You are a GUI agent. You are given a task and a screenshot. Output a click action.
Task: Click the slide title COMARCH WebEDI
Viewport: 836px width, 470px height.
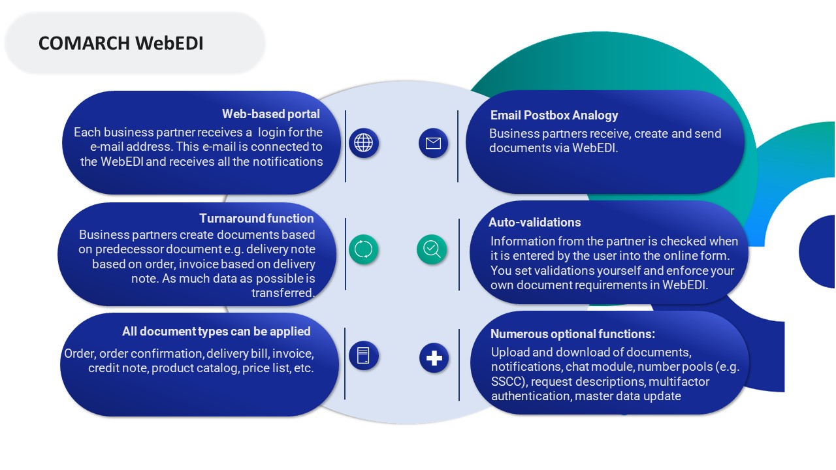click(121, 43)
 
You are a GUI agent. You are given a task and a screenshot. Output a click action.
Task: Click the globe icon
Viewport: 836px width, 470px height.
click(363, 142)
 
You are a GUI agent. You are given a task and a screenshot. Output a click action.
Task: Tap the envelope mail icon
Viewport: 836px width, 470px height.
click(433, 143)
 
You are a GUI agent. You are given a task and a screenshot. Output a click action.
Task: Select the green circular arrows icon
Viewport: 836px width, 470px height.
click(363, 249)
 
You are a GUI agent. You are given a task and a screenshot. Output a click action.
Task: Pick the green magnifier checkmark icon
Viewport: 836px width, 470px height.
click(432, 249)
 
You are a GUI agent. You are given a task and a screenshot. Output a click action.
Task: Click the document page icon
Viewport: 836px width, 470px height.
click(363, 356)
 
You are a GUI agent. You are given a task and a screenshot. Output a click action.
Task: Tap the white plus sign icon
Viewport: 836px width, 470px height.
click(434, 358)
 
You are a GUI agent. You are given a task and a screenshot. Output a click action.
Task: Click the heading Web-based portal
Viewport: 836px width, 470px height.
click(270, 114)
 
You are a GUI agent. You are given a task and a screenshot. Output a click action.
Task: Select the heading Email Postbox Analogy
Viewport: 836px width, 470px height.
click(554, 116)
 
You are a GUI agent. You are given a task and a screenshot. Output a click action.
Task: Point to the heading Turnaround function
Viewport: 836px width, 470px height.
click(256, 218)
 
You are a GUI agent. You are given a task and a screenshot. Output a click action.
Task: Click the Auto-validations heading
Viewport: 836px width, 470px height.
click(534, 223)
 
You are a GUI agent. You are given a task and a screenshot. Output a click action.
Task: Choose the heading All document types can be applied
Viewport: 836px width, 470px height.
click(216, 332)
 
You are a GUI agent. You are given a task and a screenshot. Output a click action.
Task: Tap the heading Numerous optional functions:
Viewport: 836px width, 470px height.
click(572, 334)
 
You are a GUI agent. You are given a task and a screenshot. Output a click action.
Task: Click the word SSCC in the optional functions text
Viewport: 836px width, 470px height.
click(505, 381)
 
